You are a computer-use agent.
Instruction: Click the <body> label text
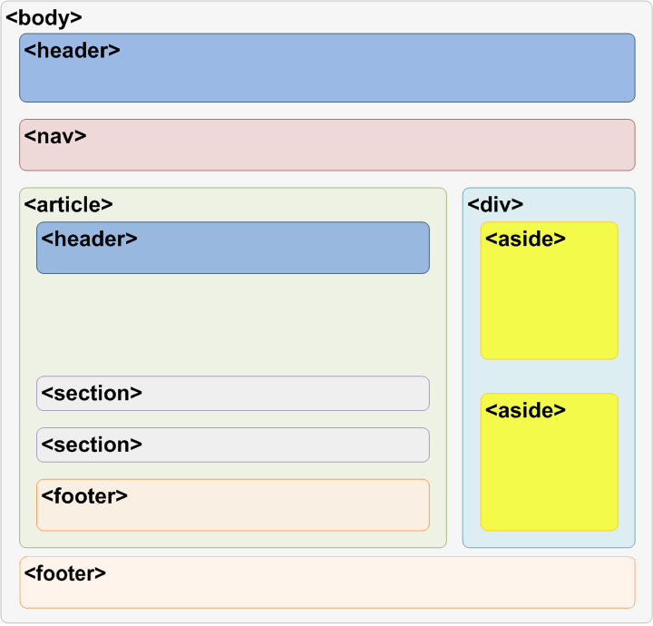point(44,17)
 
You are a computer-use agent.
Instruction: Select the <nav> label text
point(55,136)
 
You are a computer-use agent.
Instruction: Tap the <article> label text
point(69,204)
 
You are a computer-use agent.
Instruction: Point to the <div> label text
point(495,204)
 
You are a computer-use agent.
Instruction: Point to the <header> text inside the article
point(89,240)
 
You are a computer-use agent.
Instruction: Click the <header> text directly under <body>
point(73,51)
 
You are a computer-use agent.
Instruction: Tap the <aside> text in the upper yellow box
point(526,239)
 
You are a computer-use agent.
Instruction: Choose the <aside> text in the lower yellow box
point(526,410)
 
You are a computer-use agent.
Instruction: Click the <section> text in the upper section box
point(92,394)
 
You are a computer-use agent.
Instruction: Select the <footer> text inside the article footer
point(84,496)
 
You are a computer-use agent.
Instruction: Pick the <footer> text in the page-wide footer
point(65,573)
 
